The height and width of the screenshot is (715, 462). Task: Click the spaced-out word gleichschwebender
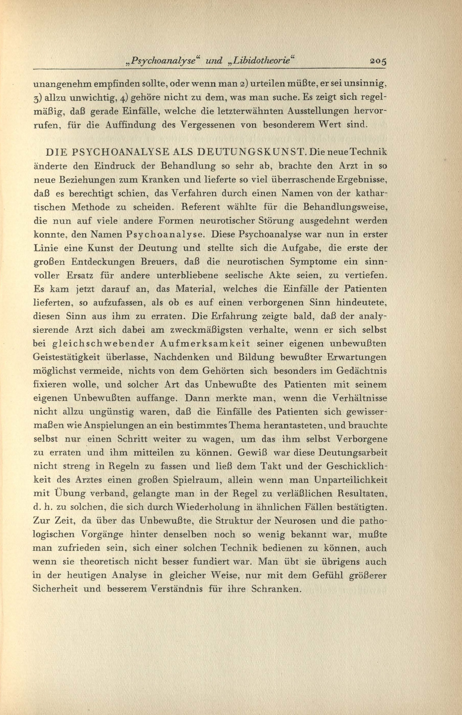pyautogui.click(x=99, y=344)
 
